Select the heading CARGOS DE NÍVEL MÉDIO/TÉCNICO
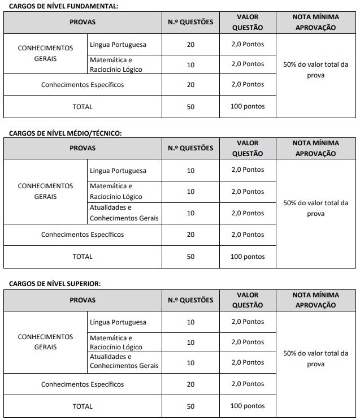pos(66,133)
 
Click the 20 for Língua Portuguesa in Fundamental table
pos(190,44)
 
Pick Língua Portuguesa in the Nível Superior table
pos(118,322)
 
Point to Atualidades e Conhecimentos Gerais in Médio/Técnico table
pos(124,213)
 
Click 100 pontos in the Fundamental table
pos(247,106)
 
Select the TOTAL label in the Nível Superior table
pos(83,406)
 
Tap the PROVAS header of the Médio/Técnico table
pos(83,149)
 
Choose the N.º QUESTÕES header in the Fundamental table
pos(190,22)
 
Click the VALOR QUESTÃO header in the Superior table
pos(247,300)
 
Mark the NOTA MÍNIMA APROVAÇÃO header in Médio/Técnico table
pos(315,149)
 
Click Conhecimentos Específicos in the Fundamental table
pos(83,85)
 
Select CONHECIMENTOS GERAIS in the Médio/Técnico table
pos(45,192)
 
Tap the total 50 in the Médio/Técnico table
pos(190,257)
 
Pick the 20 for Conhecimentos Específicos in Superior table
pos(190,384)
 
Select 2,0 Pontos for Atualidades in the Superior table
pos(247,362)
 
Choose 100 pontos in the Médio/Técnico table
pos(247,257)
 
